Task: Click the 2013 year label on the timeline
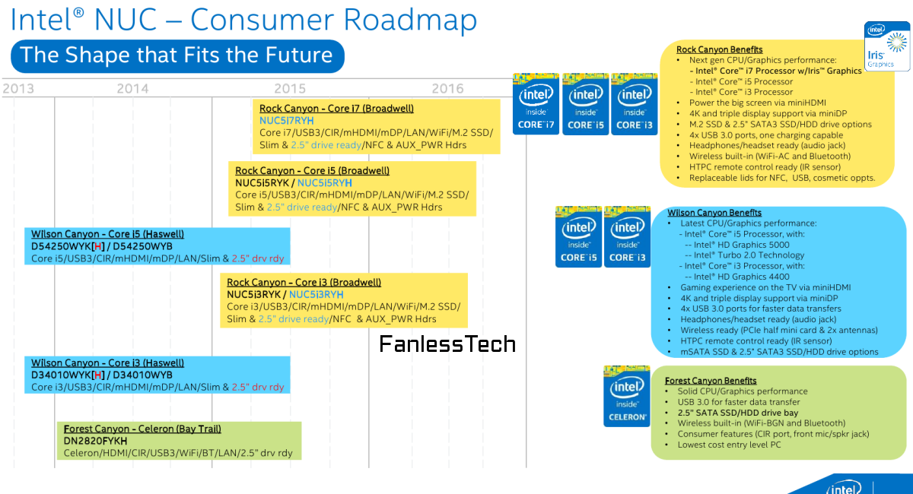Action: [17, 89]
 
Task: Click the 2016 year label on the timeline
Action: [447, 89]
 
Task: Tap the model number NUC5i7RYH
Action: [286, 120]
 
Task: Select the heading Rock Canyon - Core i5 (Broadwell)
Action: [312, 171]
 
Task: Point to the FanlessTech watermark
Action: [447, 344]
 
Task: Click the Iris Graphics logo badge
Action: [887, 46]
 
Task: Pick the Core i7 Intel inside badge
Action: [536, 104]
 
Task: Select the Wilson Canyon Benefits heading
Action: [714, 213]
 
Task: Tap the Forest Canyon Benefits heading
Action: [711, 381]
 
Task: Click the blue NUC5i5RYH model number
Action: [324, 183]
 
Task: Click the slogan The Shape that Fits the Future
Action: [177, 55]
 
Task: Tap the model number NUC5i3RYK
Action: [255, 294]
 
